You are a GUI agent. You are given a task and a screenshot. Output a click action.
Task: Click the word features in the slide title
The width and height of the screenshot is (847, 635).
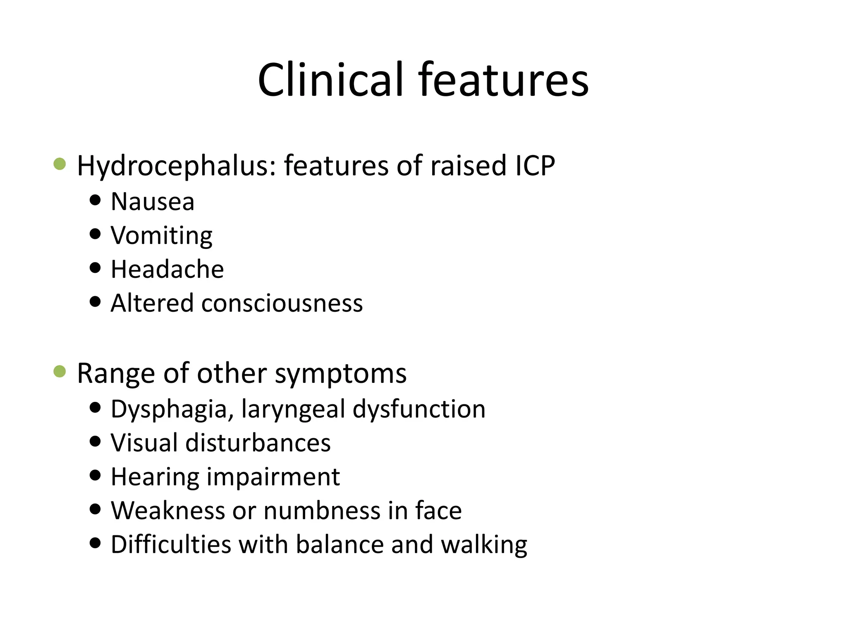tap(503, 79)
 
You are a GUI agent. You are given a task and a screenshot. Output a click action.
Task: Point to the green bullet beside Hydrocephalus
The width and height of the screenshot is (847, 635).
tap(60, 165)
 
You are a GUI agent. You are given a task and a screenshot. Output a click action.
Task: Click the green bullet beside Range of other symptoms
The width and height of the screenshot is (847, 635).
tap(60, 372)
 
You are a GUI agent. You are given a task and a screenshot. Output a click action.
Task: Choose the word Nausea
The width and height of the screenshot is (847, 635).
tap(153, 202)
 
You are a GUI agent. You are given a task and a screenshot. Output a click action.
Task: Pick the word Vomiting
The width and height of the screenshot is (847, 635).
tap(162, 236)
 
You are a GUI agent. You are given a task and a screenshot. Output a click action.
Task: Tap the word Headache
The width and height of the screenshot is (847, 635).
tap(167, 270)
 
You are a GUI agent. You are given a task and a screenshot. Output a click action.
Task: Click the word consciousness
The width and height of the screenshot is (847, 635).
tap(282, 303)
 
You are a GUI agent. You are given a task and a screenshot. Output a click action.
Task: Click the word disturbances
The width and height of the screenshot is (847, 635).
tap(258, 443)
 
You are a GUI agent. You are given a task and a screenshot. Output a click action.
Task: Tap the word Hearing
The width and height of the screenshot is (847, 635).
tap(155, 477)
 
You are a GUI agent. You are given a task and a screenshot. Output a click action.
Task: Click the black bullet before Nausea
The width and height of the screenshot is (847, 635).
tap(95, 201)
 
